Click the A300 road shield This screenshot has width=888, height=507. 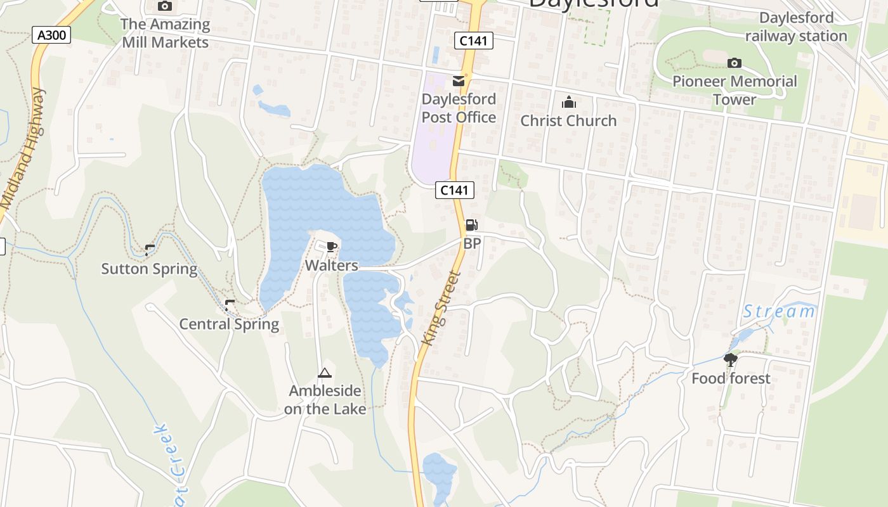51,35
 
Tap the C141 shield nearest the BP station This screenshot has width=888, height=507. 455,189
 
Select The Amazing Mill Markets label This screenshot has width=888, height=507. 165,34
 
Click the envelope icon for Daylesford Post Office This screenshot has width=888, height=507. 458,81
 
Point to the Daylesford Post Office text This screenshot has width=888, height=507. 459,108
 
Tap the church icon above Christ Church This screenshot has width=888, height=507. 569,102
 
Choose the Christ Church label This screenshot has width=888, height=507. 568,120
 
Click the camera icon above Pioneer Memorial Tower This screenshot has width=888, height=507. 735,63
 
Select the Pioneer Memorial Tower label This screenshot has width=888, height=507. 735,91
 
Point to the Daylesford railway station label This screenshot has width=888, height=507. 796,27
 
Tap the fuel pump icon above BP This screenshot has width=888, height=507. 471,224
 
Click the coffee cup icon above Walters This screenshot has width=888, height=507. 331,247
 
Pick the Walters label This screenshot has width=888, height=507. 331,266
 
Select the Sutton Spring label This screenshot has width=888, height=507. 150,269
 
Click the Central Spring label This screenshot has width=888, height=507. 229,324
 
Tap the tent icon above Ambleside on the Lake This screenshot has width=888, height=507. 325,373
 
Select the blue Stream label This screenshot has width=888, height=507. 779,311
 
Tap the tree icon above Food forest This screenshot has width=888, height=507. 731,360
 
